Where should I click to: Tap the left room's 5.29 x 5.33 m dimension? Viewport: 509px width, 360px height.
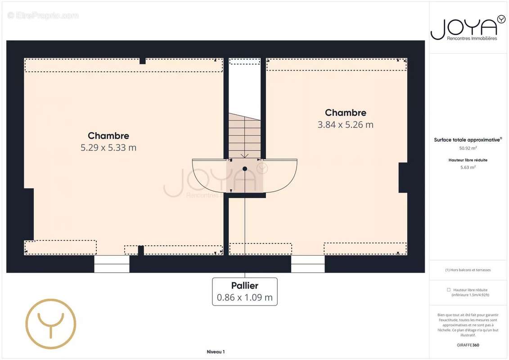point(108,148)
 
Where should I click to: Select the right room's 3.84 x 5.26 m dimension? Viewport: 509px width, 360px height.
point(345,125)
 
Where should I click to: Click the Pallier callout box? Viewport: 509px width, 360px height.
point(245,292)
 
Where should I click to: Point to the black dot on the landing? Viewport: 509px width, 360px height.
point(245,169)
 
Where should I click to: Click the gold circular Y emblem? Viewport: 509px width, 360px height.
point(51,324)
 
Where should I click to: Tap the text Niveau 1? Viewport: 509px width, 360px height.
point(216,352)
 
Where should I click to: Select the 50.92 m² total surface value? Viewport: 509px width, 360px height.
point(468,148)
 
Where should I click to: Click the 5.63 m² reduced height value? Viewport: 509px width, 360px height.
point(468,167)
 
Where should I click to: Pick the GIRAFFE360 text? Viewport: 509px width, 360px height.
point(468,345)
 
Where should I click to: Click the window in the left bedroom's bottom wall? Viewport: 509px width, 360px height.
point(112,264)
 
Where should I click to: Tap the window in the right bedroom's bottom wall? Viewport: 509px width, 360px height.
point(308,264)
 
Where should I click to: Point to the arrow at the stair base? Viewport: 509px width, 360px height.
point(244,156)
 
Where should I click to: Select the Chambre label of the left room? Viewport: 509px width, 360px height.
point(108,136)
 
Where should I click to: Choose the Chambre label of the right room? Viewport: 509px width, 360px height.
point(345,112)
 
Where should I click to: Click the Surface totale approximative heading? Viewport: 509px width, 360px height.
point(468,140)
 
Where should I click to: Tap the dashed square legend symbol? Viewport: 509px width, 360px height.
point(449,290)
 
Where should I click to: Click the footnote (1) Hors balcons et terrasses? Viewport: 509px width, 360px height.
point(468,270)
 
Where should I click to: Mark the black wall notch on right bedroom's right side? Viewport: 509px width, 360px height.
point(403,178)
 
